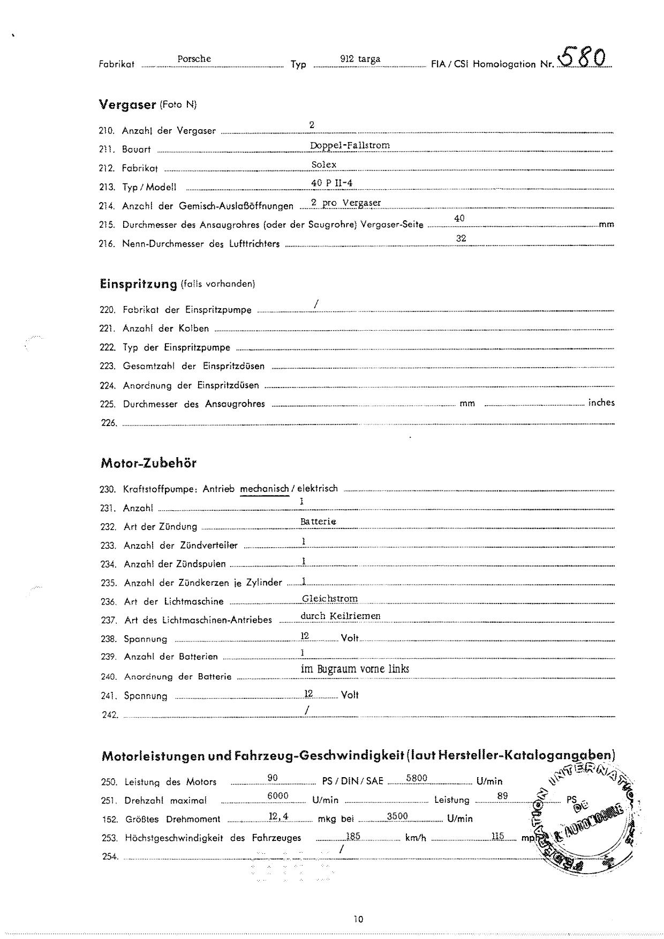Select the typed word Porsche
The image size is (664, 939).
[194, 59]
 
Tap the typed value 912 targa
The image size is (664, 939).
[360, 59]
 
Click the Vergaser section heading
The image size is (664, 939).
[127, 105]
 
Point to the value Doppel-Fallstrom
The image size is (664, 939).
[350, 145]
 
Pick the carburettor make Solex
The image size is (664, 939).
[323, 165]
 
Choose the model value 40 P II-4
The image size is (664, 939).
[331, 183]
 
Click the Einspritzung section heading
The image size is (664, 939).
[138, 284]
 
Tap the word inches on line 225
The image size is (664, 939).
[601, 403]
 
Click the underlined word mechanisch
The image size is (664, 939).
[265, 489]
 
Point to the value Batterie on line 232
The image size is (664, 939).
[318, 521]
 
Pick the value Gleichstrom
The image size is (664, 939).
[330, 599]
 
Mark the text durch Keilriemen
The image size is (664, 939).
[341, 616]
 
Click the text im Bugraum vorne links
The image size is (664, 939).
[355, 669]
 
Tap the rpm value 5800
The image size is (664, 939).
[417, 778]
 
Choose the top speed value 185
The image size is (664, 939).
[353, 836]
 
